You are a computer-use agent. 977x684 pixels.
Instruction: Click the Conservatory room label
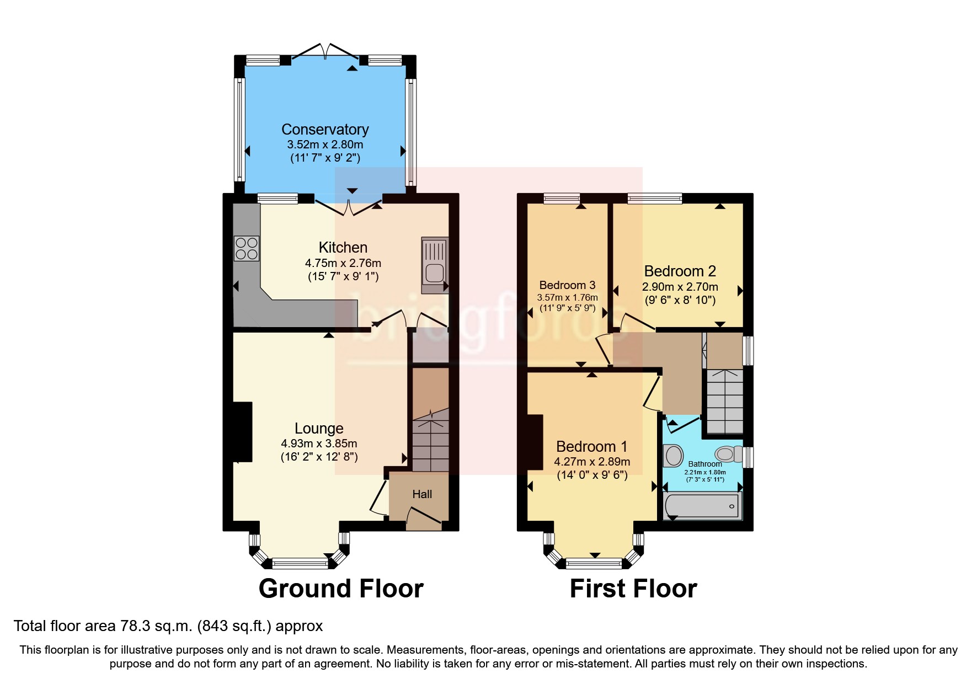pyautogui.click(x=325, y=129)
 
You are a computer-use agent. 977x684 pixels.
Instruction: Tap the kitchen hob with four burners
pyautogui.click(x=247, y=248)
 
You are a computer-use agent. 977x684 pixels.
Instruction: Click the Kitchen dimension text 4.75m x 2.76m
pyautogui.click(x=343, y=263)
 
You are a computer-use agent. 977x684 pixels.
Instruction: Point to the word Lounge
pyautogui.click(x=319, y=428)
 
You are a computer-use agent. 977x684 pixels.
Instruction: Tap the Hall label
pyautogui.click(x=422, y=494)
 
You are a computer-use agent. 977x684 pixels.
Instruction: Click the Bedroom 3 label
pyautogui.click(x=567, y=285)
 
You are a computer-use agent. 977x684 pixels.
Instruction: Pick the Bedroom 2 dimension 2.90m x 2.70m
pyautogui.click(x=680, y=287)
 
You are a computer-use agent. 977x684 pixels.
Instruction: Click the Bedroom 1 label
pyautogui.click(x=591, y=446)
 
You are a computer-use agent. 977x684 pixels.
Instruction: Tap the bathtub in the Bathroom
pyautogui.click(x=702, y=506)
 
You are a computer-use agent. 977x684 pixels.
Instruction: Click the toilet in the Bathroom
pyautogui.click(x=728, y=454)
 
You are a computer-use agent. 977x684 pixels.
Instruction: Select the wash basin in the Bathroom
pyautogui.click(x=674, y=456)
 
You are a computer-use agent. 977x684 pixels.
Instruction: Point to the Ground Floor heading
pyautogui.click(x=341, y=589)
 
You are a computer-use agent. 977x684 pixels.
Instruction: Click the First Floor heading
pyautogui.click(x=633, y=589)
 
